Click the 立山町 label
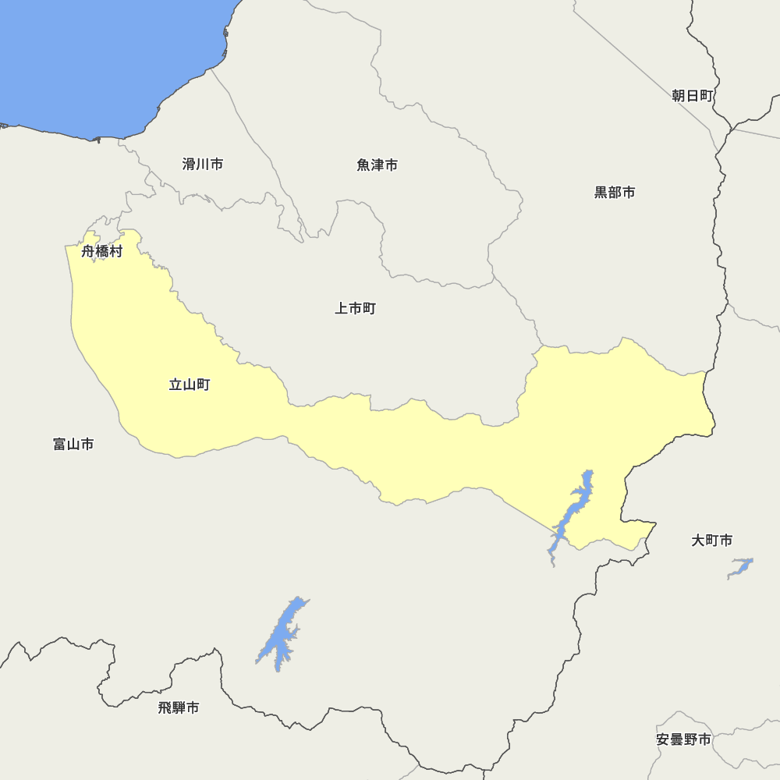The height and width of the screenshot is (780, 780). coord(190,385)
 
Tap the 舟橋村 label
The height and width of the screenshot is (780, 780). coord(102,252)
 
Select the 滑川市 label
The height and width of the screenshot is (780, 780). coord(203,165)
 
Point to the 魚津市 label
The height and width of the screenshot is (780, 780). coord(378,165)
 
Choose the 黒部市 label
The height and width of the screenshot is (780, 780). coord(615,193)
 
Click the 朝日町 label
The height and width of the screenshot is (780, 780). coord(693,96)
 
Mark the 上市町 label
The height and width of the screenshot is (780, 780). coord(356,309)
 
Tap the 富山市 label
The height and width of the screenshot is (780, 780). coord(74,445)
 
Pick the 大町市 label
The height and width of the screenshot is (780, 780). coord(712,541)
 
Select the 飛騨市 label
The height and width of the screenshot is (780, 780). coord(179,708)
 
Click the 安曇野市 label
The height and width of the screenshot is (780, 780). coord(684,739)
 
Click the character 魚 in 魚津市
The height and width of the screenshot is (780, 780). coord(363,165)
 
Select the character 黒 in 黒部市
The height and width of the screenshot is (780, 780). coord(601,193)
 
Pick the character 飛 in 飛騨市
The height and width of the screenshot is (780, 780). coord(165,708)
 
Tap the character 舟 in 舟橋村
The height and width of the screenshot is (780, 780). coord(88,252)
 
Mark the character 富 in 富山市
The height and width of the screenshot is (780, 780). coord(60,445)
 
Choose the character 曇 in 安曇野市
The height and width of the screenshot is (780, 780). coord(677,739)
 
